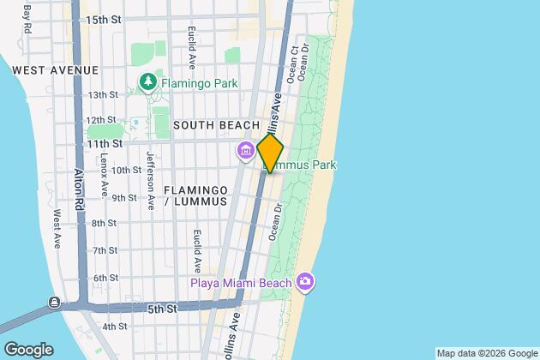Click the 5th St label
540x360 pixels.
tap(163, 307)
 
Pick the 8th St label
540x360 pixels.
tap(105, 224)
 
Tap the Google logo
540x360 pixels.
tap(28, 349)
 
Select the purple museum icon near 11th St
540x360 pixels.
tap(245, 152)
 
